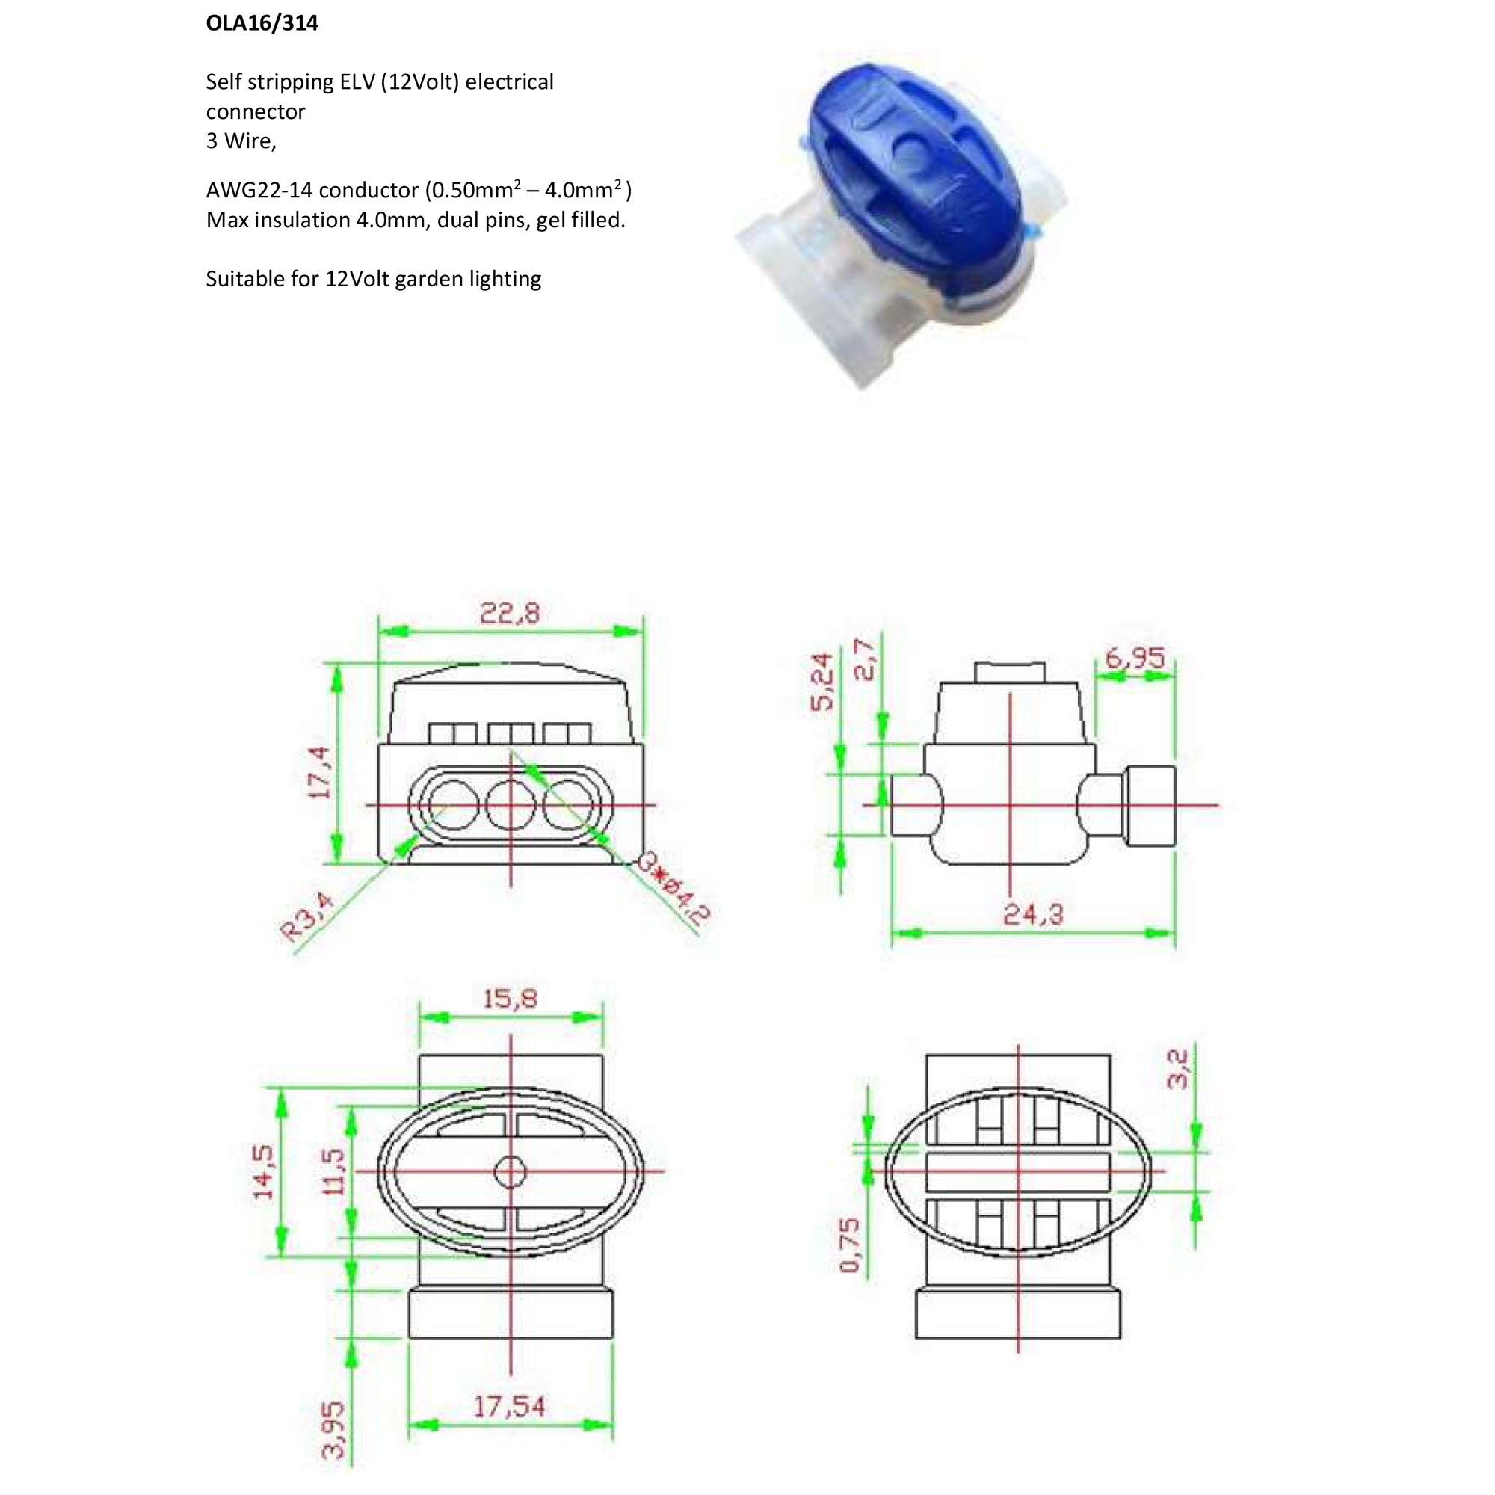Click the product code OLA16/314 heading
coord(262,23)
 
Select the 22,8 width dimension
coord(510,614)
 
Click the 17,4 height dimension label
coord(320,771)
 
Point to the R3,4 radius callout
coord(309,917)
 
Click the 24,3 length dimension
coord(1033,915)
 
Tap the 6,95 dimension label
coord(1135,658)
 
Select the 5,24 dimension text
coord(823,681)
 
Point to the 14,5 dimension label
coord(263,1171)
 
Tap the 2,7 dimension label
coord(865,659)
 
